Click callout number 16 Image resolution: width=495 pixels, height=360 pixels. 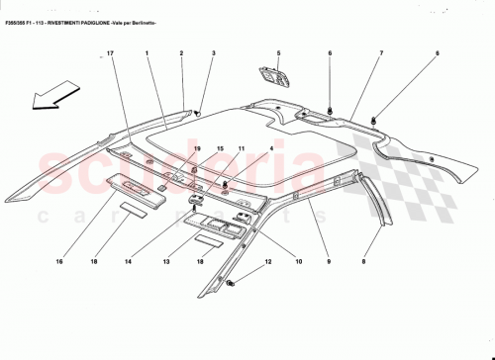click(x=58, y=262)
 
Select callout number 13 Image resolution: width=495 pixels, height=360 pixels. click(x=167, y=262)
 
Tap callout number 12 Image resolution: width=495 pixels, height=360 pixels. click(x=266, y=262)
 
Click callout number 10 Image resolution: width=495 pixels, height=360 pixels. click(x=297, y=262)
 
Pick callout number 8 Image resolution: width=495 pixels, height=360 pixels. click(x=363, y=262)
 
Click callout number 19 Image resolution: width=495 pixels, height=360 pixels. click(x=196, y=148)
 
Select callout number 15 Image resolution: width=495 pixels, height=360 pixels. click(x=220, y=148)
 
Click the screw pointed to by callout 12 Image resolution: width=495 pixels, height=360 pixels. click(x=230, y=285)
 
